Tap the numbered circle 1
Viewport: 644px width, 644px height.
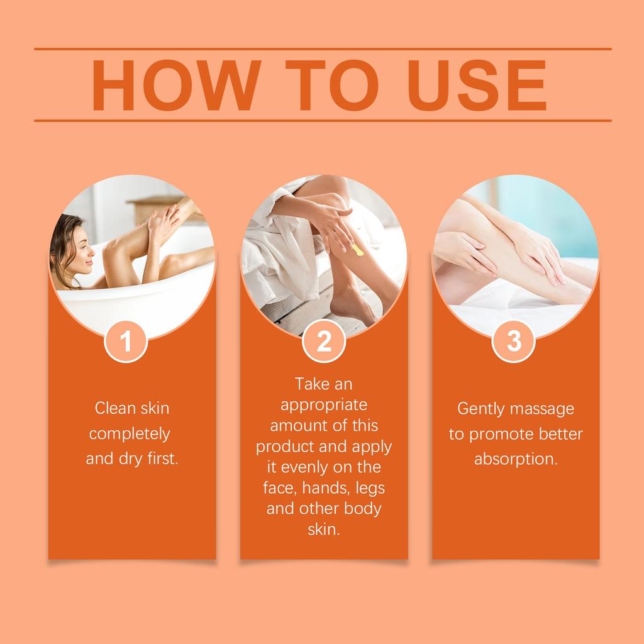[126, 341]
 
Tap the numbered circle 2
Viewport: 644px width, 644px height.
[324, 341]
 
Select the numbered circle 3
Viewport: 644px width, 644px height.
[514, 341]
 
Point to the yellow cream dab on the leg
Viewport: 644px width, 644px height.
[357, 251]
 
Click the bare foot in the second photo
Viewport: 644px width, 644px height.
[352, 308]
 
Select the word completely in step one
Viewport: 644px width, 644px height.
[130, 434]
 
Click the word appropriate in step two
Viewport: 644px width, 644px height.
[324, 404]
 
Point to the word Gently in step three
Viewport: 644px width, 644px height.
[480, 409]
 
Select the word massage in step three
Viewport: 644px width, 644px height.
[543, 409]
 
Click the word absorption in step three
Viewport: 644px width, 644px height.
[515, 459]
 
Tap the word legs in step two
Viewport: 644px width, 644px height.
[370, 487]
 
